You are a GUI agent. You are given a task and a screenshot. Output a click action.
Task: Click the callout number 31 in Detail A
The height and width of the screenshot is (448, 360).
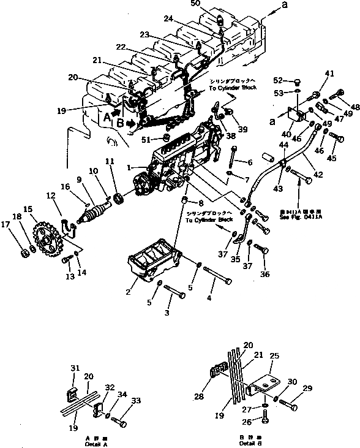coord(75,368)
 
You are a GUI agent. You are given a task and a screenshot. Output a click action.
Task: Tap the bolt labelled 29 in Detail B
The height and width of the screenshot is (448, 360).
coord(293,405)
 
